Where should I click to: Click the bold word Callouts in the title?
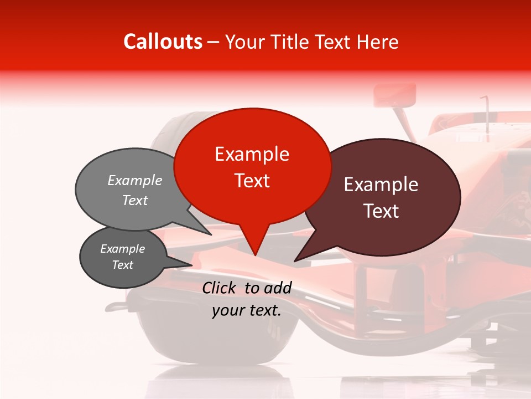point(163,42)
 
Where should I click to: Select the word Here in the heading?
point(377,42)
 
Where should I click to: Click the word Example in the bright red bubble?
point(252,154)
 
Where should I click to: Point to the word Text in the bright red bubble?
point(252,181)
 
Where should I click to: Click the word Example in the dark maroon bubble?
point(381,185)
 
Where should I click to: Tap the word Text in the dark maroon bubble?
point(381,211)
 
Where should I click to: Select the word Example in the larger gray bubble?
point(135,181)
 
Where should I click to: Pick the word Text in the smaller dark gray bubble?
point(123,265)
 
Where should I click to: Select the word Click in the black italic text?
point(220,288)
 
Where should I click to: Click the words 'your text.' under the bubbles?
point(247,311)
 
